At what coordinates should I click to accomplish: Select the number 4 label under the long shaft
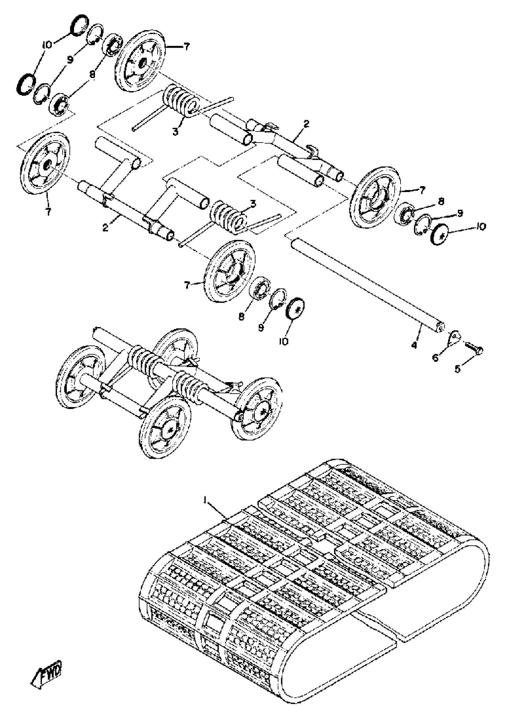(414, 345)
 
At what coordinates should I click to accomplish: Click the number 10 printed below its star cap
(284, 341)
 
